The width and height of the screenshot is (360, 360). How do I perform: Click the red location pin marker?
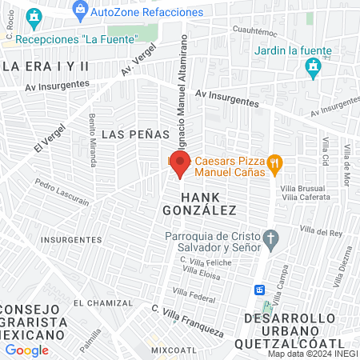(180, 166)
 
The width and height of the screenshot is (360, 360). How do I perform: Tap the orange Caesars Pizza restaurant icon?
(274, 165)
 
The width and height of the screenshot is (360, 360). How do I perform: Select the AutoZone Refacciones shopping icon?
(79, 10)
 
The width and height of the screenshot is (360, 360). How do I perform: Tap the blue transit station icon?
(260, 290)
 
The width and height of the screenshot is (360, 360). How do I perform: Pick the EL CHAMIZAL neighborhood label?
(102, 303)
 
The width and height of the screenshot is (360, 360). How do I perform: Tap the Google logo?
(26, 350)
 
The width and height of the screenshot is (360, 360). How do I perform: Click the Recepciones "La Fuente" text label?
(77, 38)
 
